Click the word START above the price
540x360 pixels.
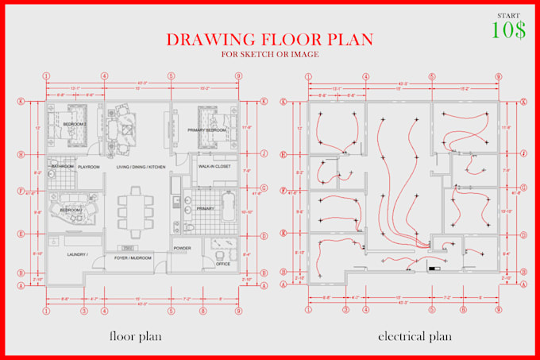pos(509,15)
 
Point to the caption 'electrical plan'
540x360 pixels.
pos(415,336)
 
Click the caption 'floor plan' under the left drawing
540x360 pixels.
pos(137,336)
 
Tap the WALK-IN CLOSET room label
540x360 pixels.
pos(214,167)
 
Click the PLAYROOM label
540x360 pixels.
pos(87,167)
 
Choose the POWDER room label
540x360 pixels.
pos(183,248)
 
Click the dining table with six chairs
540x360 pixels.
pos(135,206)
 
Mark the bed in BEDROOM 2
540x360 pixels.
pos(75,122)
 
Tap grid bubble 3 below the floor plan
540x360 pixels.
pos(83,311)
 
